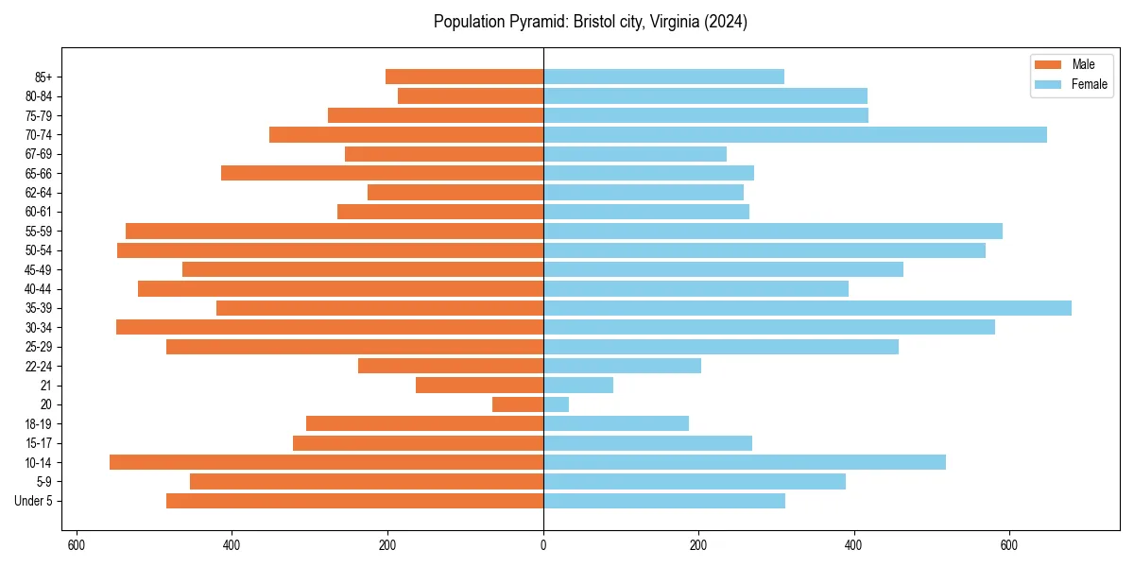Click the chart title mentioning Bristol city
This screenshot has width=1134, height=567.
click(x=590, y=22)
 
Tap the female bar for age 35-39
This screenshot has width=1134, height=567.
click(x=807, y=308)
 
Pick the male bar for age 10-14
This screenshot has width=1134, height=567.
click(x=326, y=462)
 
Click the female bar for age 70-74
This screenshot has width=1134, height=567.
click(x=795, y=134)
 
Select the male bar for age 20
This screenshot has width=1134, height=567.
click(x=518, y=404)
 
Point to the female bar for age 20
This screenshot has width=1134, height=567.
click(x=556, y=404)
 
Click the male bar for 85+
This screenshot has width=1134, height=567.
click(x=464, y=77)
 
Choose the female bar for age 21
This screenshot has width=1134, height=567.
click(x=578, y=386)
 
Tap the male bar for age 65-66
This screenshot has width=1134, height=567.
click(x=382, y=173)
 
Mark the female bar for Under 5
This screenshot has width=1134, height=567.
click(x=663, y=501)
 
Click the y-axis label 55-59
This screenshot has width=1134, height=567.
click(x=44, y=232)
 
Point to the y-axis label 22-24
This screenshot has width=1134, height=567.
click(x=44, y=367)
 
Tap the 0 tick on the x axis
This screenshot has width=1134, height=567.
click(x=543, y=545)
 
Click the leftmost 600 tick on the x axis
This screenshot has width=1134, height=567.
click(x=77, y=545)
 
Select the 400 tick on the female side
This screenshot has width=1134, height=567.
click(x=853, y=545)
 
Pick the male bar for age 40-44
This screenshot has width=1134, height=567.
click(x=340, y=289)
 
